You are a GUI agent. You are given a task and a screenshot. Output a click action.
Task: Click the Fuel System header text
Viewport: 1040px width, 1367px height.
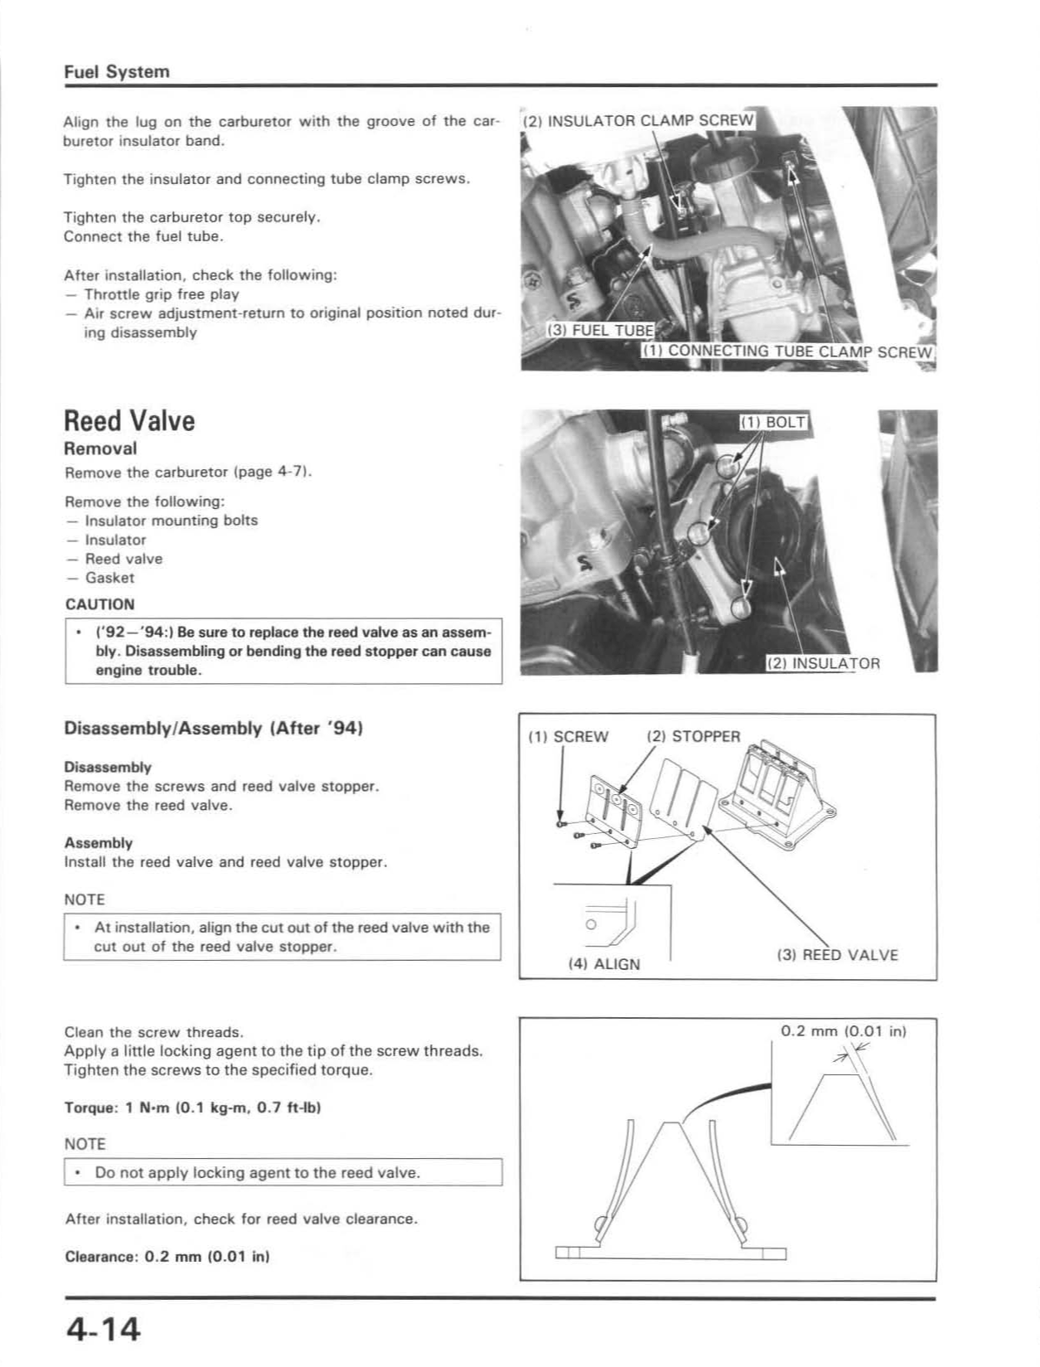coord(117,71)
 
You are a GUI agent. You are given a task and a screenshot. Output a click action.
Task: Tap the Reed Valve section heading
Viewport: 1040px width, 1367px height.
coord(129,420)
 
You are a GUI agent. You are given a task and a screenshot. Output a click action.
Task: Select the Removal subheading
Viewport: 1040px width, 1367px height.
coord(100,448)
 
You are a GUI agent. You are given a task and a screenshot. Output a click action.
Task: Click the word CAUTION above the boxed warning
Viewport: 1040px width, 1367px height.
coord(99,604)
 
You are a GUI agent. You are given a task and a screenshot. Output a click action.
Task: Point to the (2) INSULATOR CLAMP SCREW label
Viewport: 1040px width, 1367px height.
coord(639,120)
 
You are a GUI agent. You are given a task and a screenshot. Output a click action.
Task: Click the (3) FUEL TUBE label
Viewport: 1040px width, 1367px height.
coord(601,330)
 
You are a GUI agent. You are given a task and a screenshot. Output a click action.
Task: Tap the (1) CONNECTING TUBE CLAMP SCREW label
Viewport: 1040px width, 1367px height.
coord(788,351)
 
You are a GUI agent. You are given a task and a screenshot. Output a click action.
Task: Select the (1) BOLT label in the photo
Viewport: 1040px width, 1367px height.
coord(773,422)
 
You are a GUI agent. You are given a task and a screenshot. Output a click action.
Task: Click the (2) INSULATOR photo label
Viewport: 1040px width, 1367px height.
coord(824,663)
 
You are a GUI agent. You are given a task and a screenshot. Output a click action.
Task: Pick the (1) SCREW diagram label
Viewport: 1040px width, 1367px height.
coord(568,737)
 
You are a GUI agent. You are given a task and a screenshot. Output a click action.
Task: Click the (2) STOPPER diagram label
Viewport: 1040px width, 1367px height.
coord(694,737)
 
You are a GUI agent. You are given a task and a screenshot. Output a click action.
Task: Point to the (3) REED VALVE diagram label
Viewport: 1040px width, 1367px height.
coord(837,955)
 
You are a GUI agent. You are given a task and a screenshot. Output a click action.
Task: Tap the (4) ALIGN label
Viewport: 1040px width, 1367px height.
coord(604,964)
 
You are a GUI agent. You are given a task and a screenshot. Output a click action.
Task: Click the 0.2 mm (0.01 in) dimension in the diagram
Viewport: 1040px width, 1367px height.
coord(844,1031)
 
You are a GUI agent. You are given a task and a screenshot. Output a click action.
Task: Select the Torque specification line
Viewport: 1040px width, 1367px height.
coord(192,1108)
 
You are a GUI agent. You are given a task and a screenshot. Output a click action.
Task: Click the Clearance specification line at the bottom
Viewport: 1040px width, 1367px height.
coord(167,1256)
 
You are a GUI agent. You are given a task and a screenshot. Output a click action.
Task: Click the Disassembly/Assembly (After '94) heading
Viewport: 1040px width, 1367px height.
coord(214,729)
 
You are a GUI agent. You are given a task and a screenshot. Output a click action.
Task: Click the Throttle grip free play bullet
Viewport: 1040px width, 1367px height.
coord(162,294)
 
